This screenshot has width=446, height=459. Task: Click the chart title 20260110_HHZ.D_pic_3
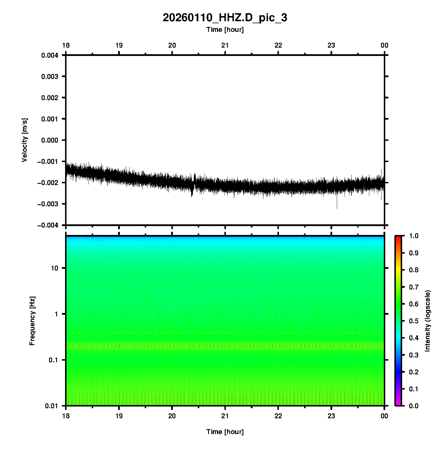(225, 18)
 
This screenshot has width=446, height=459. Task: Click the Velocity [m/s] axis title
(25, 140)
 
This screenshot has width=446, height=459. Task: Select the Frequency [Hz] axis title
(32, 321)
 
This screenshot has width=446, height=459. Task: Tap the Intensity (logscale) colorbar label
(428, 321)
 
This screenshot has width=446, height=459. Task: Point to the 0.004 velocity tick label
(50, 55)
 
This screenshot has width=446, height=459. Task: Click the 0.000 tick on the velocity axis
(50, 140)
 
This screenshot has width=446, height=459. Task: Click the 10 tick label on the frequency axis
(54, 268)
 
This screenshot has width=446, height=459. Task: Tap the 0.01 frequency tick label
(52, 406)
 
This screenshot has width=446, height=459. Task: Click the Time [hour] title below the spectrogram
(225, 432)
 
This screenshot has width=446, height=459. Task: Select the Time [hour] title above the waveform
(225, 30)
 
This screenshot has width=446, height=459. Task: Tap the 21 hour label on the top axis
(225, 45)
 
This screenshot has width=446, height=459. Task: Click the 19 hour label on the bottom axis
(119, 416)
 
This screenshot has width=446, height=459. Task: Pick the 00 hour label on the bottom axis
(384, 416)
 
